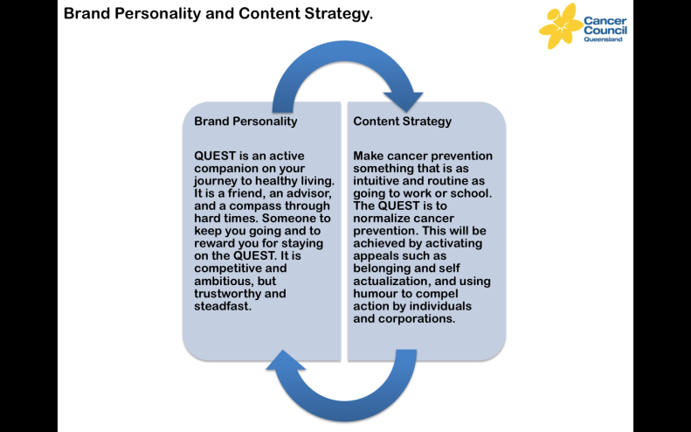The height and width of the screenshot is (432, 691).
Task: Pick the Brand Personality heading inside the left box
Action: [x=245, y=122]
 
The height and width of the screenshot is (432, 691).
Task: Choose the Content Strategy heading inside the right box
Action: [x=402, y=122]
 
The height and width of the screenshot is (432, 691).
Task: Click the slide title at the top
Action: [x=218, y=14]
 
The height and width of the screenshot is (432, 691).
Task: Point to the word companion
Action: [x=228, y=170]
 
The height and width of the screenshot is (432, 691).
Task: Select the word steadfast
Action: [x=222, y=306]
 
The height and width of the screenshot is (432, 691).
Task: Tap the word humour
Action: [x=377, y=294]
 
